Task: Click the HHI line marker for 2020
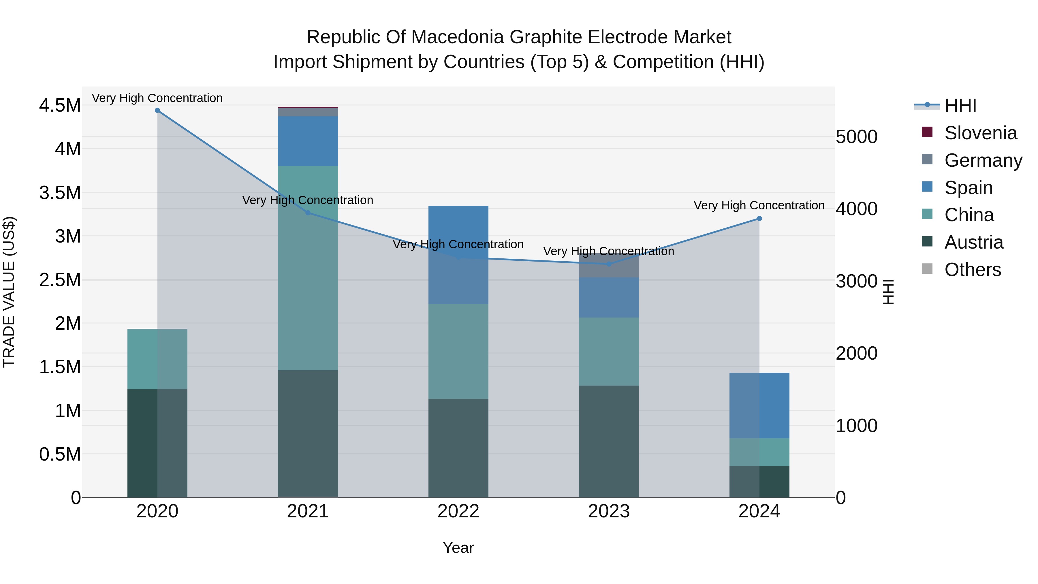click(x=157, y=110)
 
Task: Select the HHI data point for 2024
click(x=759, y=218)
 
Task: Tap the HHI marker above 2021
click(x=308, y=213)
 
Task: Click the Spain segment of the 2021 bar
click(x=308, y=141)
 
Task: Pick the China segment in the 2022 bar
click(x=458, y=352)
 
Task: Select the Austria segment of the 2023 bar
click(x=608, y=441)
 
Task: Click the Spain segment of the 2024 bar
click(x=759, y=405)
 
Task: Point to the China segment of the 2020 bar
click(x=157, y=359)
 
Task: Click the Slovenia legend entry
click(x=980, y=133)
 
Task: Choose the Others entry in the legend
click(x=972, y=270)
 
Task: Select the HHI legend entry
click(x=960, y=106)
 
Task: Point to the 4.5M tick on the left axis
click(x=60, y=106)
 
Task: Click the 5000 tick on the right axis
click(x=856, y=137)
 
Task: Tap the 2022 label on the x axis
click(x=458, y=511)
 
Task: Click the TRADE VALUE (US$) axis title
click(x=9, y=292)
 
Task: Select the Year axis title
click(x=458, y=548)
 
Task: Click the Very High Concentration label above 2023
click(x=608, y=251)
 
